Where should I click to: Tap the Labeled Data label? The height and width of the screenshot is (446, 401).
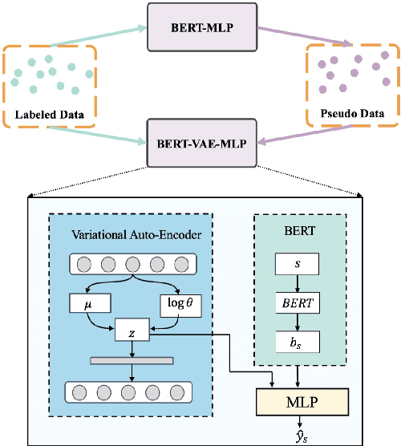[50, 114]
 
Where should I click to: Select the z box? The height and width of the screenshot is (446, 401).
[132, 330]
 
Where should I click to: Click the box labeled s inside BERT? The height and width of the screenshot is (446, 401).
[298, 263]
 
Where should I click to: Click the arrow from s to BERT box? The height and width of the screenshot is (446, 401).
[298, 283]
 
